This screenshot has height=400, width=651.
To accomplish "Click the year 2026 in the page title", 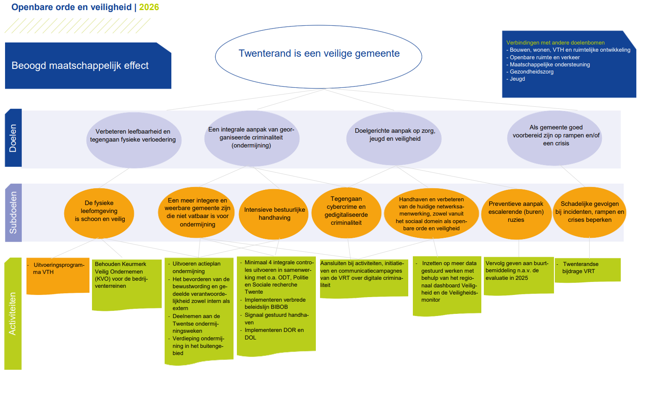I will (149, 7).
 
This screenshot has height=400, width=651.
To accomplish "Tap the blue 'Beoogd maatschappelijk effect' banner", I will (88, 66).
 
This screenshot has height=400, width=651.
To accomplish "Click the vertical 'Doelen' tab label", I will (13, 138).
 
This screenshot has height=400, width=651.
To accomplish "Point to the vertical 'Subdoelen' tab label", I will (13, 213).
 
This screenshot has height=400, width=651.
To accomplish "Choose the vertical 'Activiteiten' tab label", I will (13, 313).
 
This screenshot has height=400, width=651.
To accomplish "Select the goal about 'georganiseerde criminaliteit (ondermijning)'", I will (251, 138).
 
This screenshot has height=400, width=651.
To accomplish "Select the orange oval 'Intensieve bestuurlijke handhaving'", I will (274, 214).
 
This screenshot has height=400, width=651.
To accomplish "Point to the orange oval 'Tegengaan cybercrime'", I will (346, 211).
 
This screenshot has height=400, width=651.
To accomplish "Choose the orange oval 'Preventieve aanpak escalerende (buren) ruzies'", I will (516, 212).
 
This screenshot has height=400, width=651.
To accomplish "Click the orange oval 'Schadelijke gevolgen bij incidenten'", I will (589, 212).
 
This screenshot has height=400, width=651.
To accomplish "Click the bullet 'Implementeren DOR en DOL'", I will (274, 334).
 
